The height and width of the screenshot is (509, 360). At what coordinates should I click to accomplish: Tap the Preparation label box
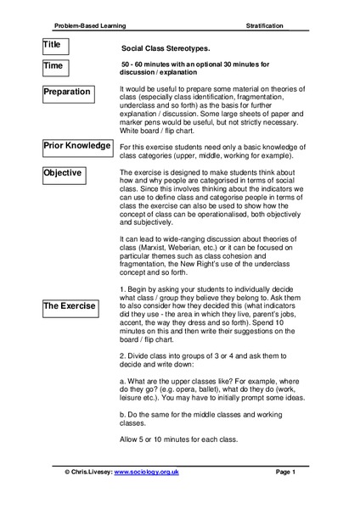pos(70,92)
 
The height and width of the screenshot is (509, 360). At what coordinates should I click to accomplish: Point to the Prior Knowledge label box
pos(77,147)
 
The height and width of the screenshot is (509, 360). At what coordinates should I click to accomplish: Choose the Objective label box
pos(70,174)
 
